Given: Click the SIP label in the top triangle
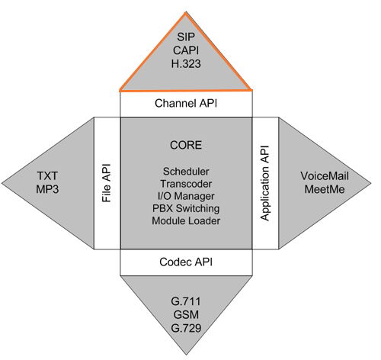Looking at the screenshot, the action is coord(186,37).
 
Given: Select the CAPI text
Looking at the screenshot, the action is coord(186,50).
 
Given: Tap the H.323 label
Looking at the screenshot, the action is coord(186,63).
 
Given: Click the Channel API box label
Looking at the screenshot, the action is coord(186,104).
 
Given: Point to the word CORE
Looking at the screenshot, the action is coord(186,145).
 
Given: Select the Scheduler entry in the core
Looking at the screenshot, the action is coord(186,172).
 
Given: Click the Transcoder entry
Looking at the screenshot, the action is coord(186,184).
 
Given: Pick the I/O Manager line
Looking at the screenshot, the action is coord(186,196).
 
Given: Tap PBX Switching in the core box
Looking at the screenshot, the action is coord(186,208).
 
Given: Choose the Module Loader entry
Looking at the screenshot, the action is coord(186,220).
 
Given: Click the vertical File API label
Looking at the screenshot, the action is coord(107,183).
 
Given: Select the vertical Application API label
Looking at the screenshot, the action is coord(264,183).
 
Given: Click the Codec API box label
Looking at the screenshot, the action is coord(186,262).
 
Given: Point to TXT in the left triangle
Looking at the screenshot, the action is coord(47,176).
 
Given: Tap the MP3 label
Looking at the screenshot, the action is coord(47,189).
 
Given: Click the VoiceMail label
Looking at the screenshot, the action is coord(325,176).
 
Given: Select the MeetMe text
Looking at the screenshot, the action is coord(325,189).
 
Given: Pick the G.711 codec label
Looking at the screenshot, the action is coord(186,301).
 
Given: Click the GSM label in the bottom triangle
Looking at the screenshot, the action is coord(186,315).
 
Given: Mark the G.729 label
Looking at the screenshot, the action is coord(186,328).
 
